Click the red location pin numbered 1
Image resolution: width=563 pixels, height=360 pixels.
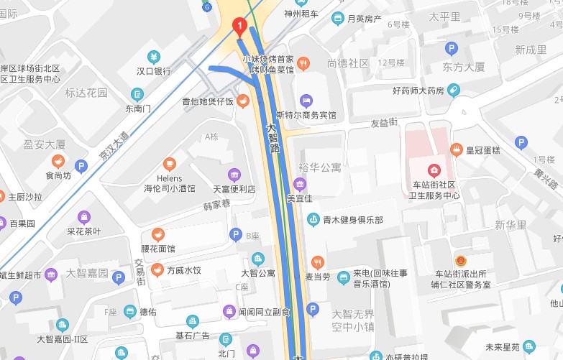tap(240, 27)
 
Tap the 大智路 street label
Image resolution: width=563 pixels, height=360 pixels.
tap(273, 137)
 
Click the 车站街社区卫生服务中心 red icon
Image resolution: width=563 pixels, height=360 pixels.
tap(434, 170)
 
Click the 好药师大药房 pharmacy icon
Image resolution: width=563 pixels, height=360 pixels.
tap(452, 91)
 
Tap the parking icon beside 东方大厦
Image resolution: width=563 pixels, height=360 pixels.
tap(451, 49)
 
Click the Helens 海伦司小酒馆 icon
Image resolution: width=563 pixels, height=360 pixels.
tap(169, 163)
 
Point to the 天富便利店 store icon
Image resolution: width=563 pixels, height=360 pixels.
tap(234, 175)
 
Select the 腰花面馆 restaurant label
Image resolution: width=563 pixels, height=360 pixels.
tap(157, 249)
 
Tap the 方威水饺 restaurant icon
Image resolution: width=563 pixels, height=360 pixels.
tap(157, 270)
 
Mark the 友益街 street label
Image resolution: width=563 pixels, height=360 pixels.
tap(384, 124)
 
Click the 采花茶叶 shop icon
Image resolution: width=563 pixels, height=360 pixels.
tap(84, 216)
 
